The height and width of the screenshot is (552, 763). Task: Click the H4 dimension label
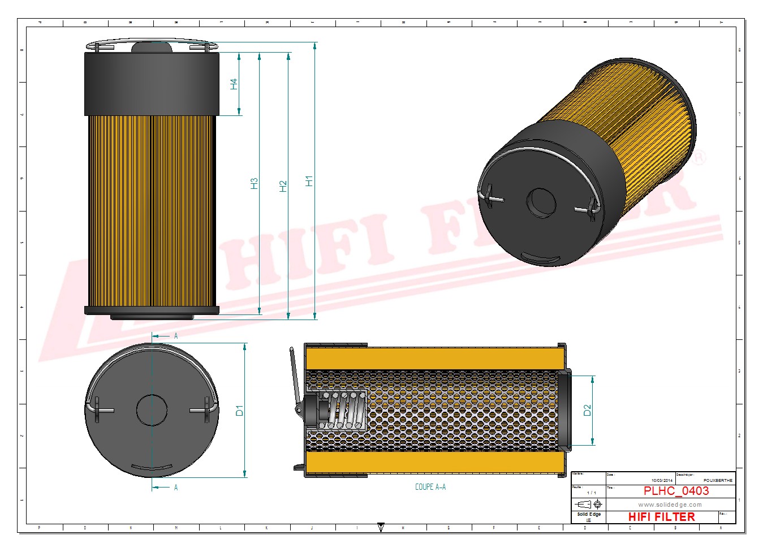point(234,84)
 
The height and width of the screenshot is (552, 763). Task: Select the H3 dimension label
point(254,183)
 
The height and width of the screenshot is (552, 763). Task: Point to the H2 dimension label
point(283,186)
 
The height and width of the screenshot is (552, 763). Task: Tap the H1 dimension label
point(309,181)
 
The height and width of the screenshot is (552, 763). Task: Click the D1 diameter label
point(239,411)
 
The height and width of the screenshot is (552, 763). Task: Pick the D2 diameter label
point(587,411)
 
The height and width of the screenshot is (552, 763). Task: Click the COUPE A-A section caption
point(430,487)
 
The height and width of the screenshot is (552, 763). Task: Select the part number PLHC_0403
point(676,491)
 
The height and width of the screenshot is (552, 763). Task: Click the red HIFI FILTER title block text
point(661,517)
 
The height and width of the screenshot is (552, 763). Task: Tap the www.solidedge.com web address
point(670,504)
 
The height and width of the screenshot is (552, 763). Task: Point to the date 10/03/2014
point(662,480)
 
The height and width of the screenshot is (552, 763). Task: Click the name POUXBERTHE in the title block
point(718,480)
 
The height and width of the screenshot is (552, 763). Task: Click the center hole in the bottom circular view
point(152,410)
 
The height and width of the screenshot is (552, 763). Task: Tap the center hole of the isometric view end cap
point(541,203)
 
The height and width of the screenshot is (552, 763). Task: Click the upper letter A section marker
point(176,336)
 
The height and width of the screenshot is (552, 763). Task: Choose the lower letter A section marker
point(176,488)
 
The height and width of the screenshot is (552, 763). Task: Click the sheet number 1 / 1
point(591,493)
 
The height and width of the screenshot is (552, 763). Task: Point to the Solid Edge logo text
point(589,514)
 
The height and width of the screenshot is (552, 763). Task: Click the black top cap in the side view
point(152,84)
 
